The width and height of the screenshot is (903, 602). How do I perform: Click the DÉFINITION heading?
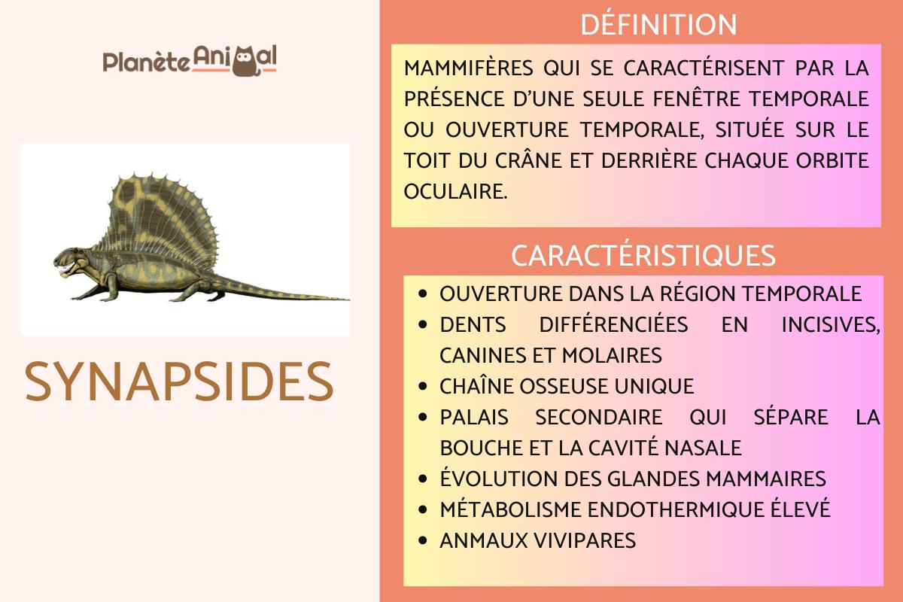tap(658, 24)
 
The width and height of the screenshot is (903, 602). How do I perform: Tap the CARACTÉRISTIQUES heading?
tap(643, 255)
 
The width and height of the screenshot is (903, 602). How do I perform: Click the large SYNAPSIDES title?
tap(179, 382)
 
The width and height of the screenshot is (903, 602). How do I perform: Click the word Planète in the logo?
tap(146, 62)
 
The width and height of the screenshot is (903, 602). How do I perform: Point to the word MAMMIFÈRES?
tap(468, 68)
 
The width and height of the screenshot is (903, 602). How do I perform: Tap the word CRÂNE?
tap(528, 160)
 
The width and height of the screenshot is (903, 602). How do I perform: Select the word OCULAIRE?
tap(455, 191)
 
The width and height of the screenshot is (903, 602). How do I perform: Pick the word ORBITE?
tap(832, 160)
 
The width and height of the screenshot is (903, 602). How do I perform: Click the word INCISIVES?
tap(831, 325)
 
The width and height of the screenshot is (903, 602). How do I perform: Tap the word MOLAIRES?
tap(612, 356)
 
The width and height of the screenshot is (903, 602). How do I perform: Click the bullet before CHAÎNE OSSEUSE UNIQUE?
tap(422, 386)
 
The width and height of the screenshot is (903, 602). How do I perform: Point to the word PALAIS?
tap(473, 418)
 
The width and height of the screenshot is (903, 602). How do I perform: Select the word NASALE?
tap(703, 448)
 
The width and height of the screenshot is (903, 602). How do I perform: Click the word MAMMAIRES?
tap(766, 479)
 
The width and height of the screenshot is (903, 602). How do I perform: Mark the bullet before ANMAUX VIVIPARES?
tap(422, 541)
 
